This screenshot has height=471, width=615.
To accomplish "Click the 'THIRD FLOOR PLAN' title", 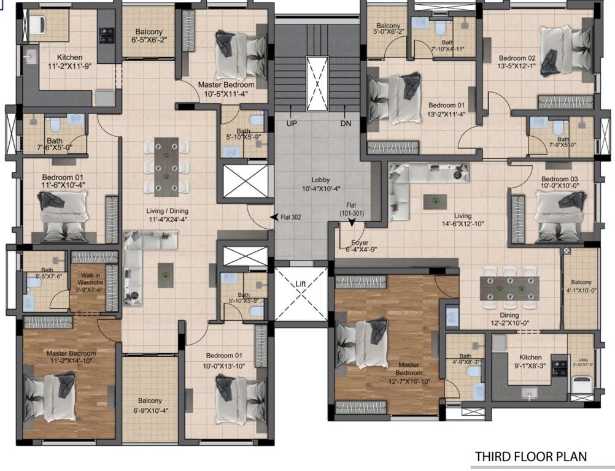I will click(531, 456).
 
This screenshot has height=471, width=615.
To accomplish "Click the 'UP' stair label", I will click(292, 123).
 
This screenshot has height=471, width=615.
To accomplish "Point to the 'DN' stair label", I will click(345, 123).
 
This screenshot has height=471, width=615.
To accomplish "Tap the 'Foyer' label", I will click(360, 242).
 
